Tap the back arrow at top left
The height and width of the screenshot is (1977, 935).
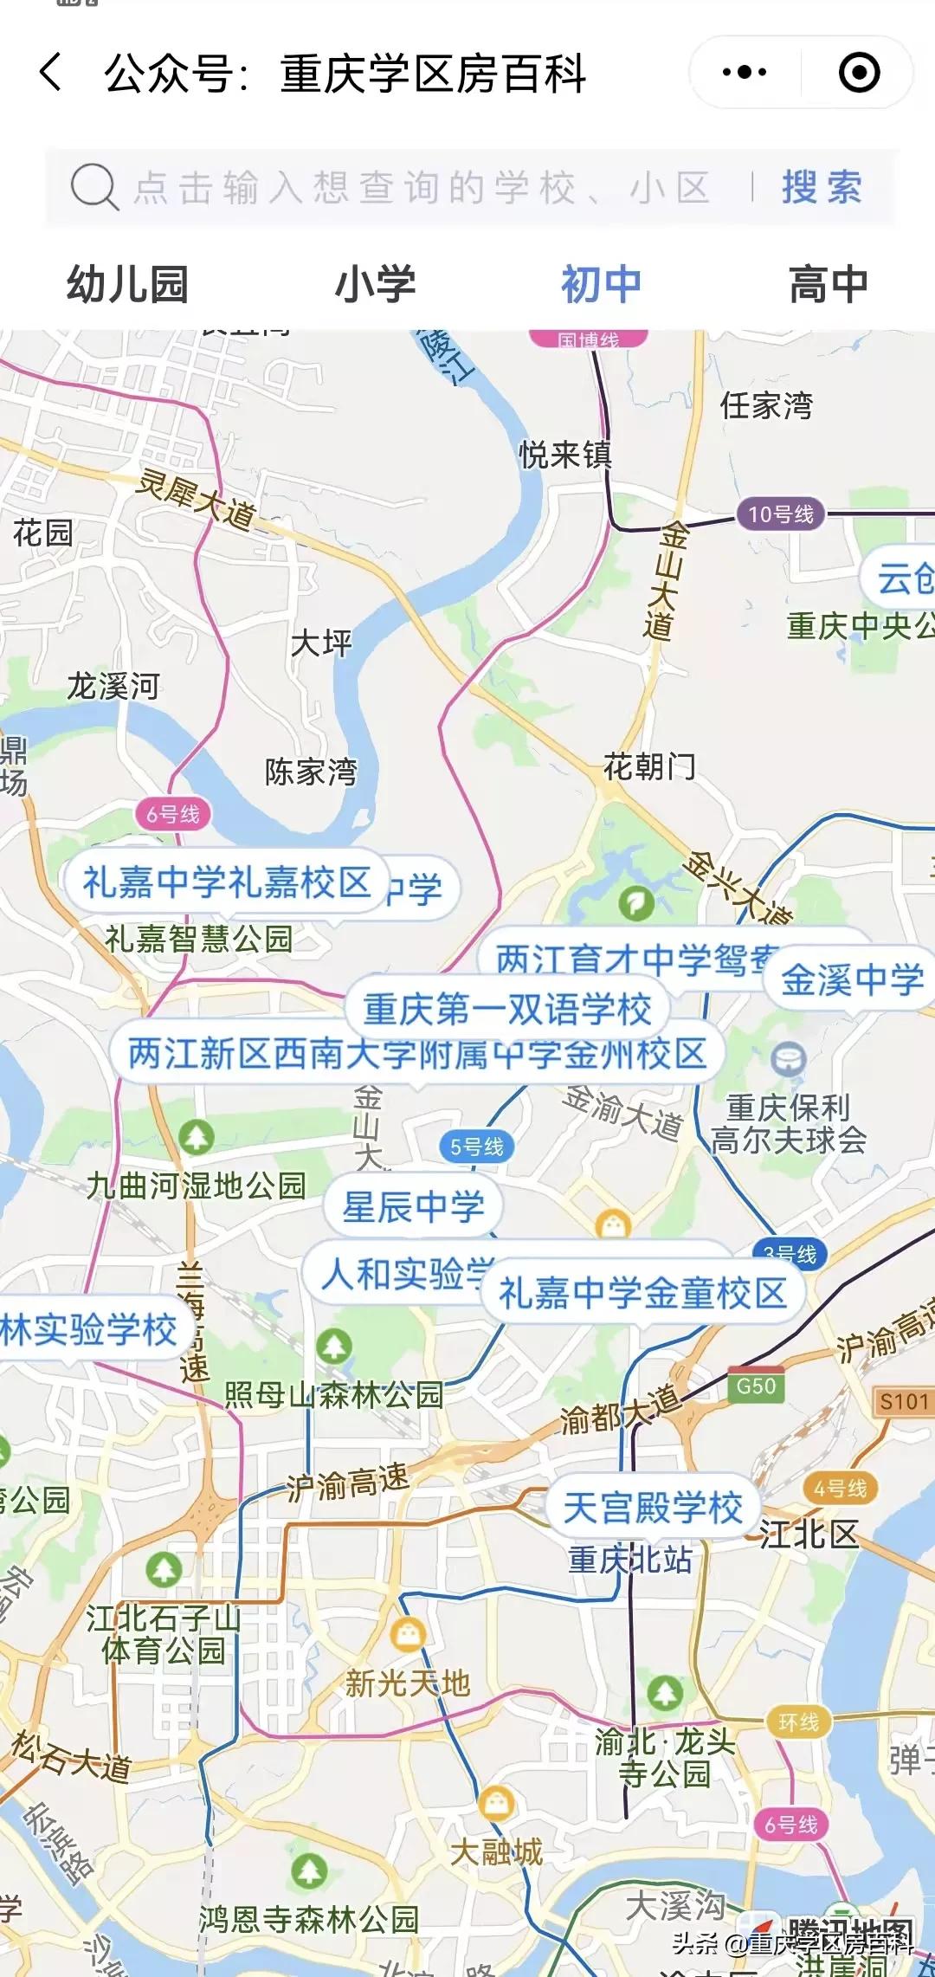[x=51, y=72]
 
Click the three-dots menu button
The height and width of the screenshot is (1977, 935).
[x=745, y=72]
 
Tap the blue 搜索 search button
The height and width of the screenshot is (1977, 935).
[x=822, y=187]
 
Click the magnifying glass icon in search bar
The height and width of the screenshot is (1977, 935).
[x=93, y=186]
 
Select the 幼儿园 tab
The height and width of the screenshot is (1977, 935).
[x=128, y=285]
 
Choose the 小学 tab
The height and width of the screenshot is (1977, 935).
[x=375, y=285]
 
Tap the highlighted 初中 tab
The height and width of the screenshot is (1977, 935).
[x=601, y=285]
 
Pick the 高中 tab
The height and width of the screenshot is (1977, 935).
[x=828, y=285]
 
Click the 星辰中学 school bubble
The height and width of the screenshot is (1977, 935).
[x=413, y=1206]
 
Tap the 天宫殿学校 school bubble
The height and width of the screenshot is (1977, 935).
[x=653, y=1508]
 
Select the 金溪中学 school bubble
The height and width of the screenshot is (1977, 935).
[x=852, y=979]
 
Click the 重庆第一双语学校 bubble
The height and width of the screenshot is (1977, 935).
[x=506, y=1009]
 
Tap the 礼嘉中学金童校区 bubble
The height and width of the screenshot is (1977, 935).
[x=642, y=1293]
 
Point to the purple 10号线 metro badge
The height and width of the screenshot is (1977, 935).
[x=780, y=514]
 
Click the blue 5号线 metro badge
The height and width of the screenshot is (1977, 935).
[x=477, y=1147]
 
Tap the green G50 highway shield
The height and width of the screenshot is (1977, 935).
[x=756, y=1386]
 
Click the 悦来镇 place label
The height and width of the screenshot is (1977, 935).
[x=564, y=454]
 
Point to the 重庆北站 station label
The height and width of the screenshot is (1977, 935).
[x=630, y=1560]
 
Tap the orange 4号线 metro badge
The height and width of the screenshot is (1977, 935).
[x=840, y=1489]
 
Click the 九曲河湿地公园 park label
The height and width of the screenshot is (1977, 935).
[x=197, y=1186]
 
